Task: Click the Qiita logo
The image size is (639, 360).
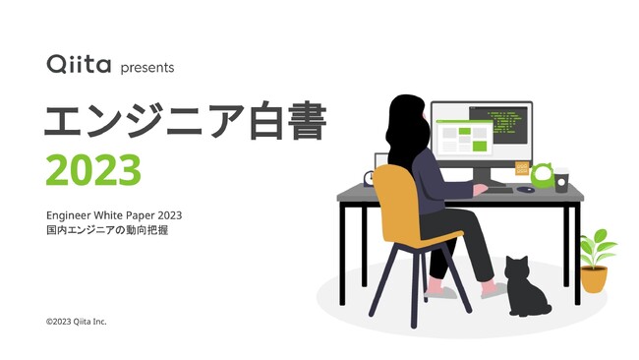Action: [78, 65]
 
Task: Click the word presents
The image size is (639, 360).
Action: [146, 68]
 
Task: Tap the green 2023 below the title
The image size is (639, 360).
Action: [93, 170]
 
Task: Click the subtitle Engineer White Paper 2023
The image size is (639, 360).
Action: [114, 214]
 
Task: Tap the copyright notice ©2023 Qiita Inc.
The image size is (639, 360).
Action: [76, 322]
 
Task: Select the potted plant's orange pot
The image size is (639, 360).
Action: [594, 279]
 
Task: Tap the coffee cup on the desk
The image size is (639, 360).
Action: [561, 181]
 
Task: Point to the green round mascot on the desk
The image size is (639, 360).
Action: [543, 176]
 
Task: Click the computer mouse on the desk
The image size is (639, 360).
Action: [527, 189]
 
